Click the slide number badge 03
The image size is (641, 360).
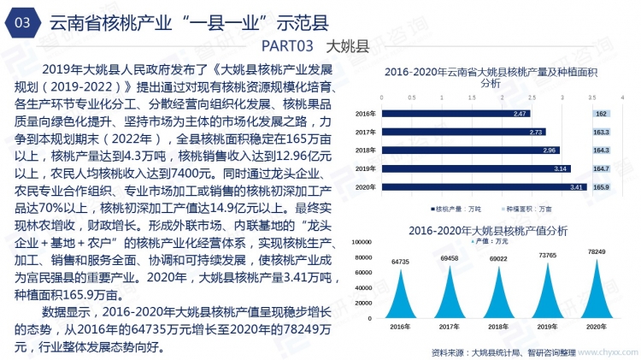pyautogui.click(x=23, y=24)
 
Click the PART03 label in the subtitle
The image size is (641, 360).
pyautogui.click(x=287, y=44)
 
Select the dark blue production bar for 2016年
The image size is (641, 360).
pyautogui.click(x=456, y=114)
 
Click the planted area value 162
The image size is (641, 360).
pyautogui.click(x=602, y=114)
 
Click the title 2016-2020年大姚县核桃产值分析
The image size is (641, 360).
pyautogui.click(x=488, y=230)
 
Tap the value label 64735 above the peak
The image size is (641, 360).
pyautogui.click(x=400, y=262)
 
